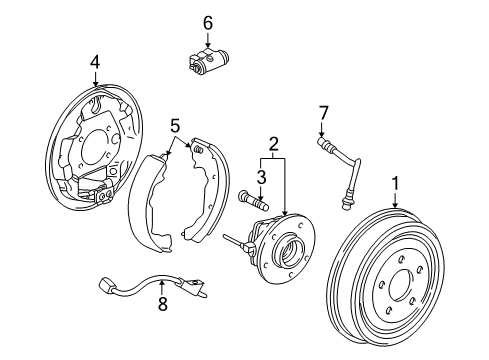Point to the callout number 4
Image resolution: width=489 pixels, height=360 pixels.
coord(94,62)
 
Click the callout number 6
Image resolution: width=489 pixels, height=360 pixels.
coord(208,21)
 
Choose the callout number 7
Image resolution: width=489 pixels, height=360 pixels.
coord(322,112)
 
